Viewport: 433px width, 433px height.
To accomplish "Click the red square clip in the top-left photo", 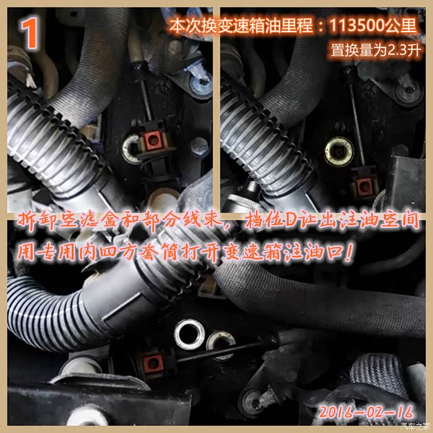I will tap(151, 141).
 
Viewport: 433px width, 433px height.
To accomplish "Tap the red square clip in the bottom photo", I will tap(153, 361).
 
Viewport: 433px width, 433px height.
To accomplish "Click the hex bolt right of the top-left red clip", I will tap(199, 147).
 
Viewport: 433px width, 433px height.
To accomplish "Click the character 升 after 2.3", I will tap(414, 51).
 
